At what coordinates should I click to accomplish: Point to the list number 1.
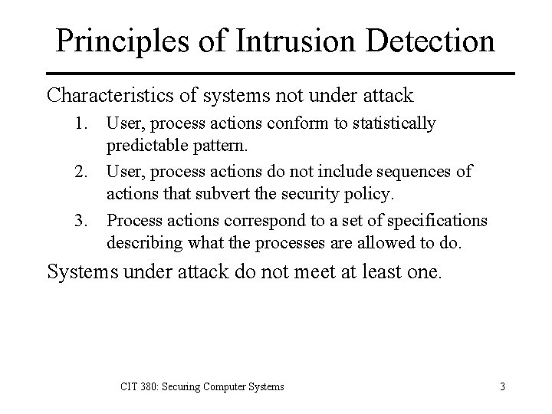coord(85,123)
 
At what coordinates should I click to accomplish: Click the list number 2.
coord(85,171)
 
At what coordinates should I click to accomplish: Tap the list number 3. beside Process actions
coord(85,221)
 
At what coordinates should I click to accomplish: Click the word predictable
coord(146,143)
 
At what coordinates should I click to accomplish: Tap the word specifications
coord(441,221)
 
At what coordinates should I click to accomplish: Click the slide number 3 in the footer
coord(502,386)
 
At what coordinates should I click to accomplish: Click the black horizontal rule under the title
coord(276,74)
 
